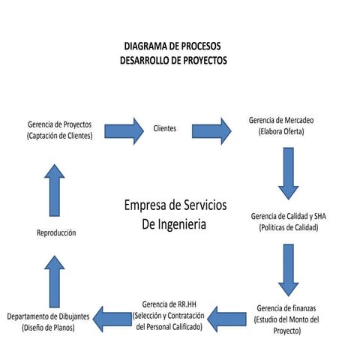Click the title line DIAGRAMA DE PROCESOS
point(172,46)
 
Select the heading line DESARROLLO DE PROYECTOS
point(172,60)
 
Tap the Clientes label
point(165,128)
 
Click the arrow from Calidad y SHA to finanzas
point(288,270)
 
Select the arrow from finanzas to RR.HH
point(228,319)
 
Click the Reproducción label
point(56,232)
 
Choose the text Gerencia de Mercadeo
point(281,120)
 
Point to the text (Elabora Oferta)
point(281,132)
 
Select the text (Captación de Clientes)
point(59,136)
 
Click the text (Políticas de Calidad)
point(289,227)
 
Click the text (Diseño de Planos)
point(48,328)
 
